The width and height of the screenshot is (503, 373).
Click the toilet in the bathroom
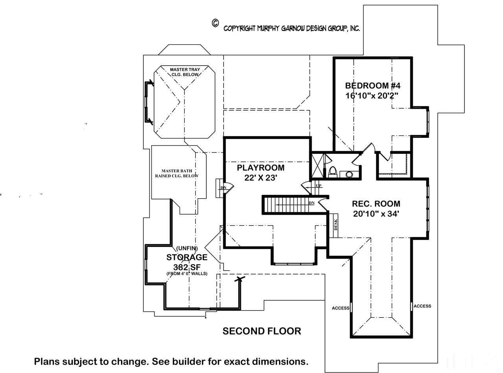(333, 172)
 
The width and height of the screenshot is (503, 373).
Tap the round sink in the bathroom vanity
(349, 174)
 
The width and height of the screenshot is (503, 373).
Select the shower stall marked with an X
(318, 166)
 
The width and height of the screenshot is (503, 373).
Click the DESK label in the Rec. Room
(336, 225)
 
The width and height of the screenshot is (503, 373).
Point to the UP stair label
(319, 186)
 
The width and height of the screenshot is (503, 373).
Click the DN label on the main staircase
(312, 203)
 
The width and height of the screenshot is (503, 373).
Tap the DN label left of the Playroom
(223, 188)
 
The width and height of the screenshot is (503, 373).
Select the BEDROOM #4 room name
(373, 86)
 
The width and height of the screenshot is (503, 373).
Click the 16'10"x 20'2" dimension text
(372, 96)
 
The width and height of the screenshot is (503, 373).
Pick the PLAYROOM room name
(261, 168)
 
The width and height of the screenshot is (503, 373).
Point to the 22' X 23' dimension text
(261, 178)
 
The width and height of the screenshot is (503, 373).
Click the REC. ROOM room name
(376, 204)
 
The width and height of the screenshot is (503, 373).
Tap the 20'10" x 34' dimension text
(376, 214)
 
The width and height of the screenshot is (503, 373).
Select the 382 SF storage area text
(187, 267)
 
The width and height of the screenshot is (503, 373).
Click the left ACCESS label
(341, 308)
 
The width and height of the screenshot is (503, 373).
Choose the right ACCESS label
(422, 306)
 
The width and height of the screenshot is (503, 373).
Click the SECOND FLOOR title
(262, 331)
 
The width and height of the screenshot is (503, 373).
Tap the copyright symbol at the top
(215, 23)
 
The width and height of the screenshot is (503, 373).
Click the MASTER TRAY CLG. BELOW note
(185, 72)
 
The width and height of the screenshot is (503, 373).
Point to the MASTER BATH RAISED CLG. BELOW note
(177, 174)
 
